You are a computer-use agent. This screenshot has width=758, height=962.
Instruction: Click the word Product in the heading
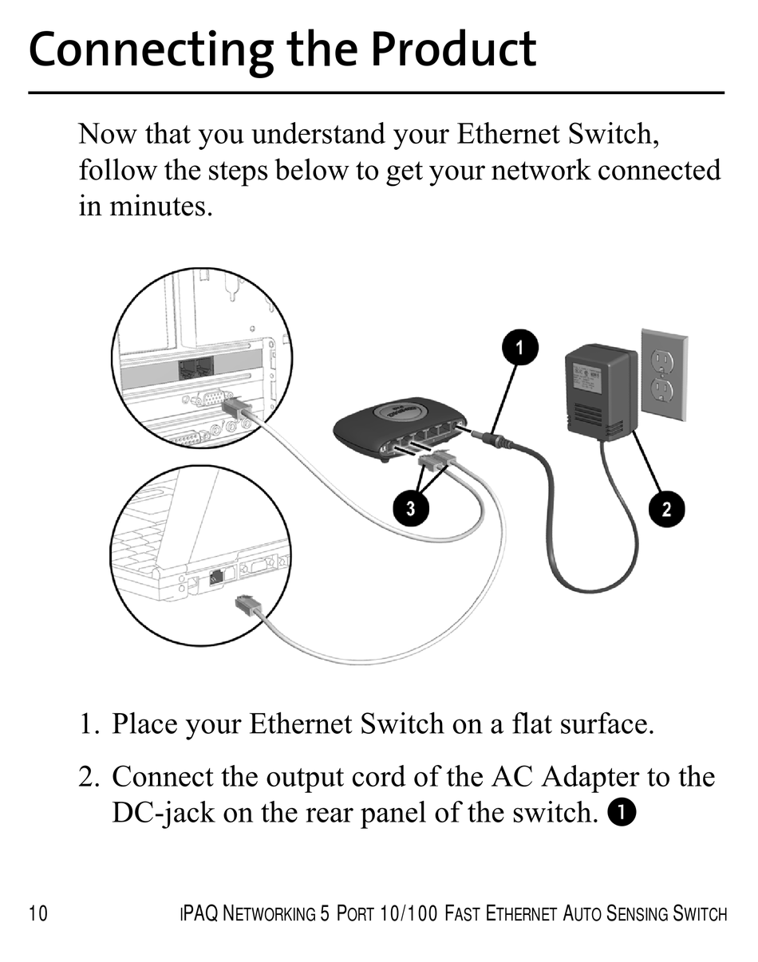[454, 49]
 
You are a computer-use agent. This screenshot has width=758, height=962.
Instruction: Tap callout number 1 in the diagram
[520, 348]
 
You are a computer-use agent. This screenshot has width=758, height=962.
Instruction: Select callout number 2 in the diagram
[667, 509]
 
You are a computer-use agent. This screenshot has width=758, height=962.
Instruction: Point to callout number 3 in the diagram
[410, 509]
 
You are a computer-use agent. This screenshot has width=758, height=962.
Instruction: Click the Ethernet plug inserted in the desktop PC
[238, 411]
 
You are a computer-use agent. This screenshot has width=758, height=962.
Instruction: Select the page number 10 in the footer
[38, 913]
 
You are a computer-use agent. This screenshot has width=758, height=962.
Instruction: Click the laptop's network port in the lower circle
[215, 578]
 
